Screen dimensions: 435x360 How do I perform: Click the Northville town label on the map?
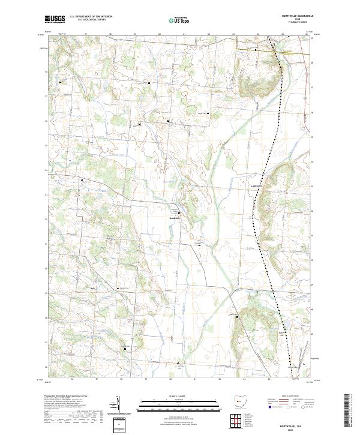pos(175,218)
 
